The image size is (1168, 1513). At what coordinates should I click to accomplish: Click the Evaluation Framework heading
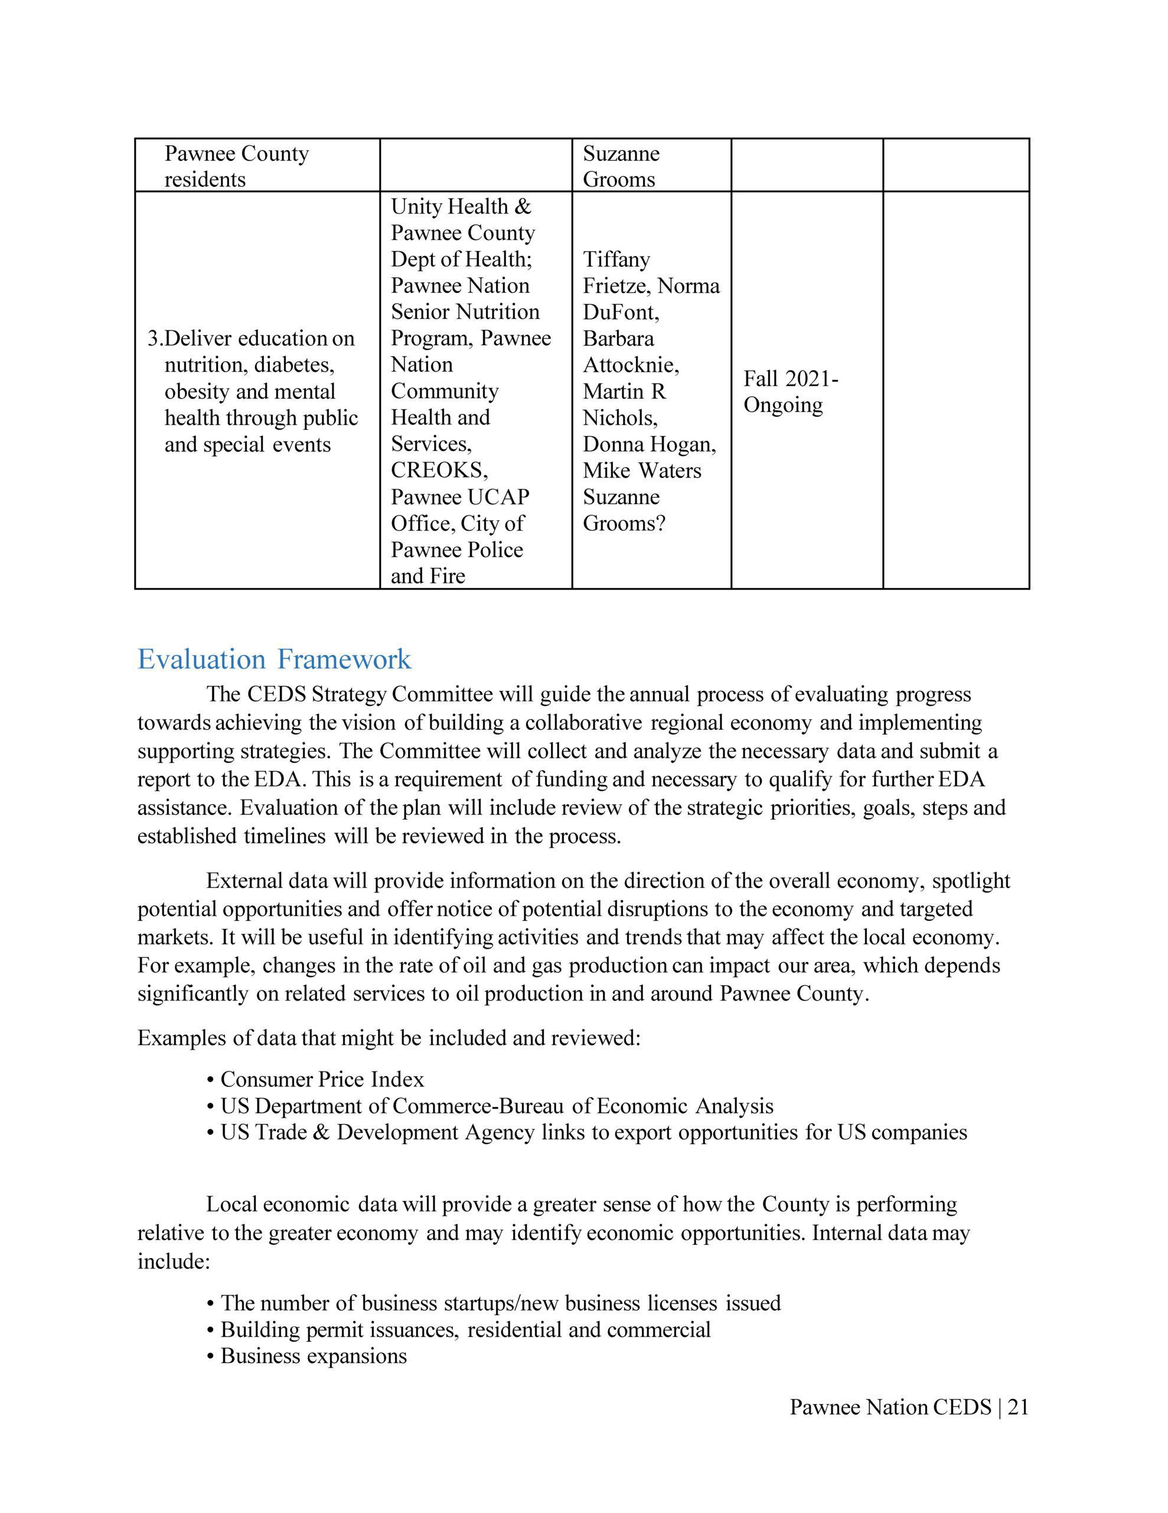coord(274,659)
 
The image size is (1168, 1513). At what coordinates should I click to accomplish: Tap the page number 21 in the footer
coord(1018,1407)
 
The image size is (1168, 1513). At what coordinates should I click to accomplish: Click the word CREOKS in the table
coord(439,470)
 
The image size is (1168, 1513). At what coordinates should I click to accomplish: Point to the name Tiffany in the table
coord(616,260)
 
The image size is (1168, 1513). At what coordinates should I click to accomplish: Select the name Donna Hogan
coord(649,444)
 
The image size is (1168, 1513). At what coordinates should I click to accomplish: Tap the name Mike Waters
coord(642,470)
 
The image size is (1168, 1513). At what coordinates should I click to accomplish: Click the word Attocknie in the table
coord(630,365)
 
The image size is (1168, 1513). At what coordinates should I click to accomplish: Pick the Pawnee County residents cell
coord(236,166)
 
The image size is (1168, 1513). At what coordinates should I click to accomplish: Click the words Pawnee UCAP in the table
coord(460,496)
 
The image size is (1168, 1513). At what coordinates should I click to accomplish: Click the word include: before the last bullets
coord(173,1262)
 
